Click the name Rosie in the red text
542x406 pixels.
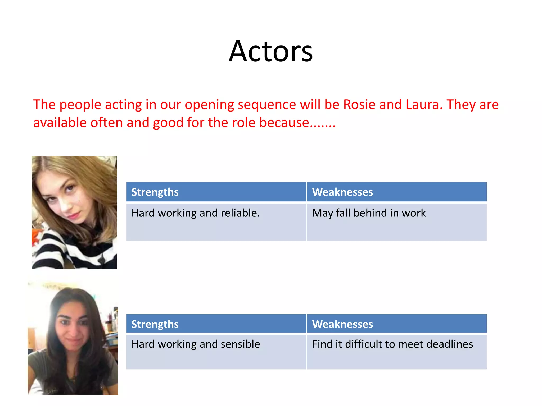[x=359, y=104]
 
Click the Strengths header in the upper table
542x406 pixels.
[x=155, y=192]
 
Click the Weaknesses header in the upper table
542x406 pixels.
[x=342, y=192]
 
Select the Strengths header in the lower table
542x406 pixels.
[x=155, y=324]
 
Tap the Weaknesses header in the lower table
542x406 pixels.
[x=342, y=324]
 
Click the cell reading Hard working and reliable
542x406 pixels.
[x=196, y=213]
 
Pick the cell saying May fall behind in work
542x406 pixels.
[x=369, y=213]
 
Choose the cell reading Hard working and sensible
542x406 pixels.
[x=196, y=344]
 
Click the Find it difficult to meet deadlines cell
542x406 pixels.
[x=392, y=344]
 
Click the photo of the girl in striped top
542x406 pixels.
[x=74, y=212]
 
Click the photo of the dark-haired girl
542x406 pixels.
[x=73, y=339]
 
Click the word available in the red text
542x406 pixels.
[x=60, y=123]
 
